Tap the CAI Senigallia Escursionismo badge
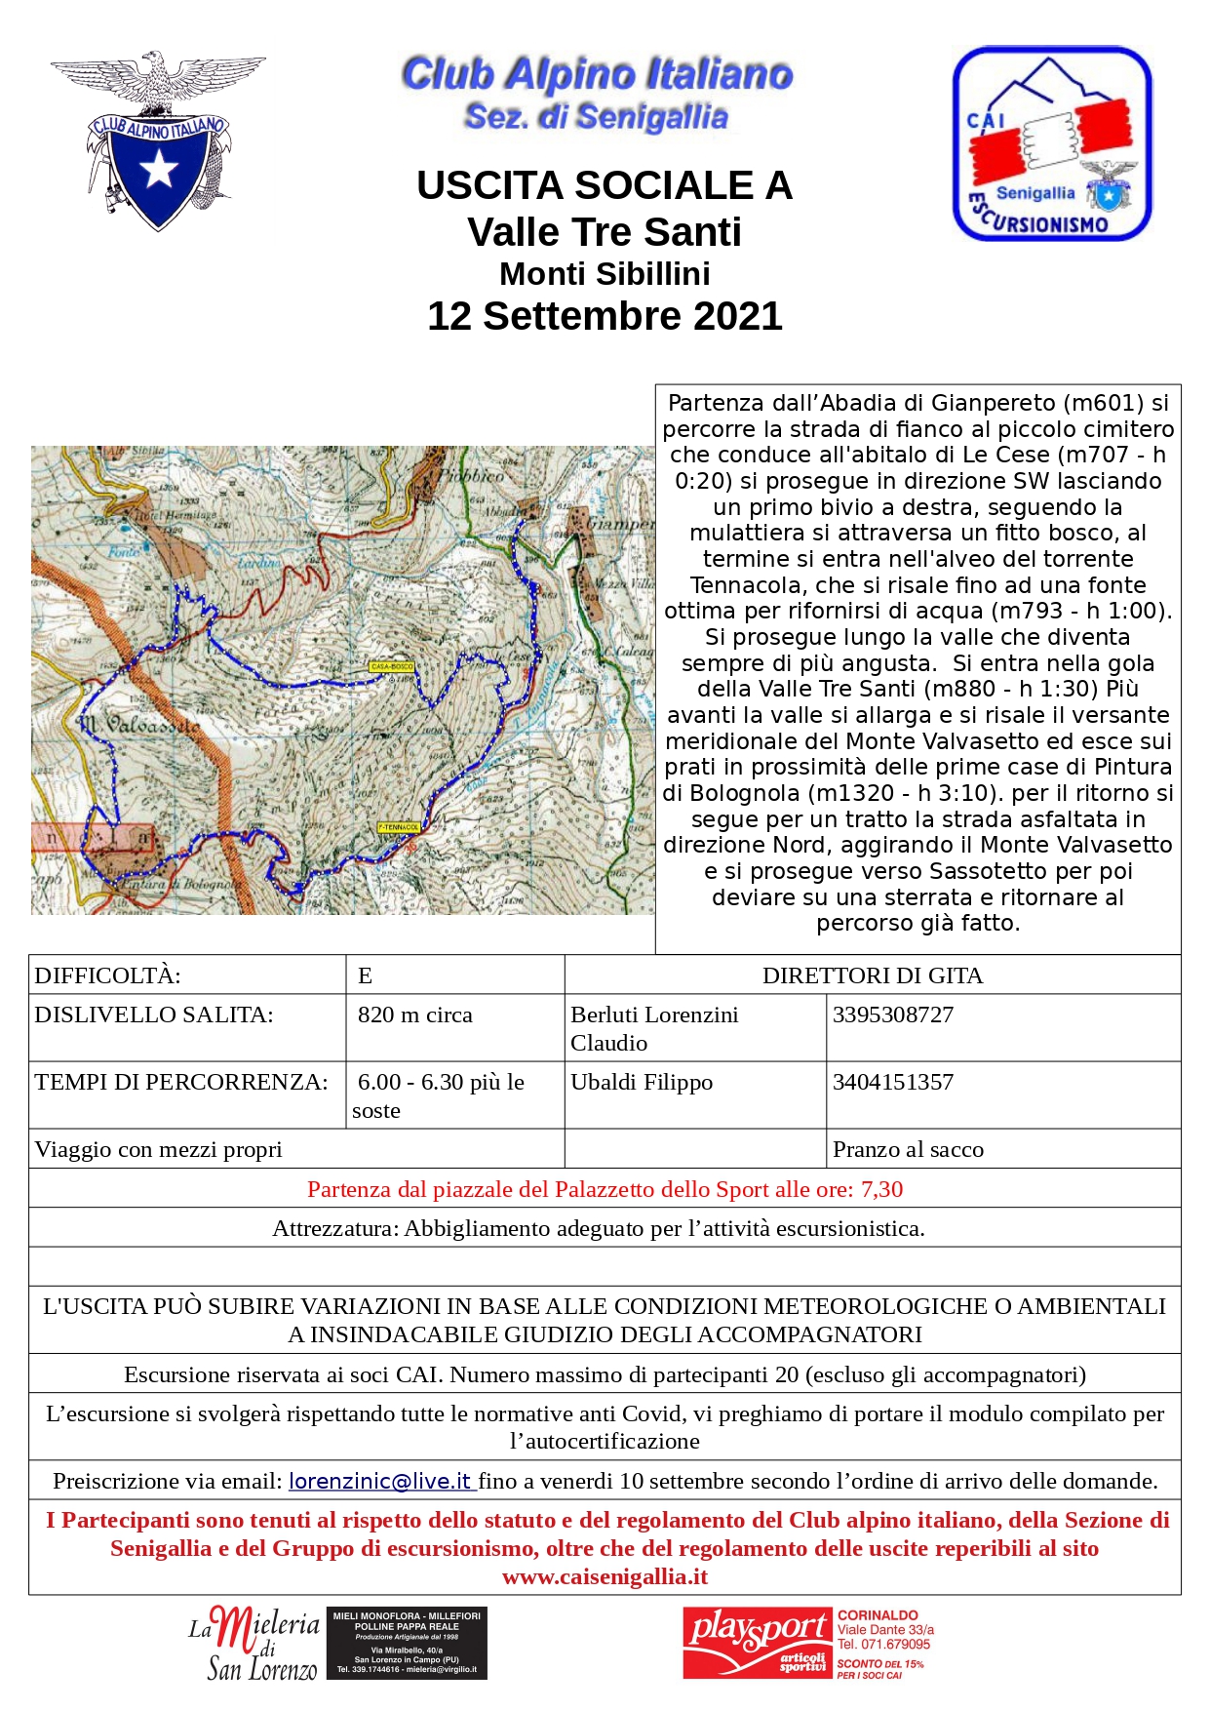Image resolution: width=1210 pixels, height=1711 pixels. [1051, 143]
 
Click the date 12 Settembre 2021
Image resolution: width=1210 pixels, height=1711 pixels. [605, 316]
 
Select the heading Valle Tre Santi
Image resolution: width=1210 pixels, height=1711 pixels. [605, 232]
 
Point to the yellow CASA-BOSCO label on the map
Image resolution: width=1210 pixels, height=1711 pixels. [392, 666]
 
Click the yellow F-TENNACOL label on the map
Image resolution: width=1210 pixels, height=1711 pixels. [399, 827]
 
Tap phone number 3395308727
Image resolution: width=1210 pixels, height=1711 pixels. [893, 1015]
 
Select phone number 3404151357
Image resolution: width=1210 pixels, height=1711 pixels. [893, 1082]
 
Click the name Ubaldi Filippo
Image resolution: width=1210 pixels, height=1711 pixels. [642, 1082]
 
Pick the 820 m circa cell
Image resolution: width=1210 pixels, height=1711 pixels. [414, 1015]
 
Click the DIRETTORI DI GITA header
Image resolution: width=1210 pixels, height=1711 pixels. [872, 975]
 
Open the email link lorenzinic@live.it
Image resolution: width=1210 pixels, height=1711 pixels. [380, 1481]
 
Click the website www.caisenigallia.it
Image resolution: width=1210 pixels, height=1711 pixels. [605, 1576]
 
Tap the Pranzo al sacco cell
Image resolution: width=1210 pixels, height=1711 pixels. [908, 1149]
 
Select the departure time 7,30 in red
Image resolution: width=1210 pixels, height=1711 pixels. [881, 1189]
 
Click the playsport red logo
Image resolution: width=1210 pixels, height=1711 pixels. [758, 1643]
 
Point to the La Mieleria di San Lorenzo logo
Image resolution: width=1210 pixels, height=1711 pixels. [255, 1644]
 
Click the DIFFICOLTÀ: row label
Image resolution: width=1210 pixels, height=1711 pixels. [108, 975]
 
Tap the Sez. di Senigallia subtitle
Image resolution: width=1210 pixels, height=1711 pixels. [596, 117]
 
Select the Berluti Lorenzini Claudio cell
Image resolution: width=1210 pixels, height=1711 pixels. [654, 1028]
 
